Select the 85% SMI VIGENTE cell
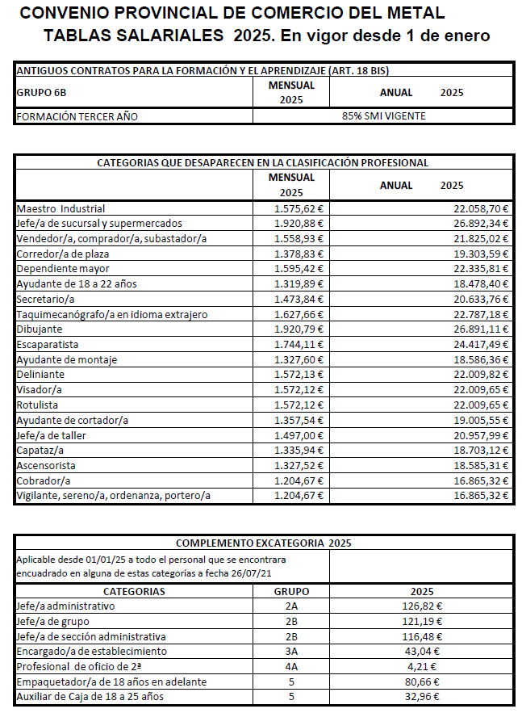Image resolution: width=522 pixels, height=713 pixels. (x=383, y=116)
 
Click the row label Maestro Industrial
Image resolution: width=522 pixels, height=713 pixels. (x=61, y=208)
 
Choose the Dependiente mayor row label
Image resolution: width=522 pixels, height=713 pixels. (x=63, y=268)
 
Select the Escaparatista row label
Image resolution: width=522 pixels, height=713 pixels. (x=48, y=343)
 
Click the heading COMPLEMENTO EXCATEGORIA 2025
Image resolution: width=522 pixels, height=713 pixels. (x=263, y=543)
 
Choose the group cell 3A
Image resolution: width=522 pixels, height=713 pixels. (x=291, y=651)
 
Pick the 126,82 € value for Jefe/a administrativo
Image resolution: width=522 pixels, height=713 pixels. (x=422, y=606)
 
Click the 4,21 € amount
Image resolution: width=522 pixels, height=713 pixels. (x=422, y=666)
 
